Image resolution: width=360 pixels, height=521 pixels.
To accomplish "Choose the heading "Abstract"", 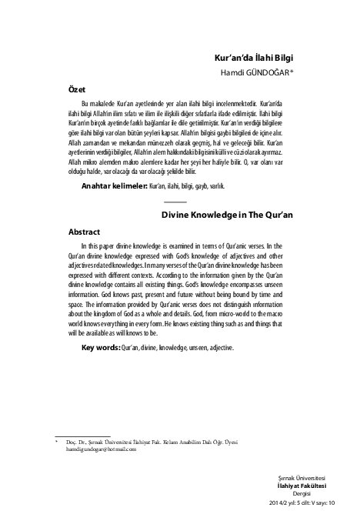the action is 85,231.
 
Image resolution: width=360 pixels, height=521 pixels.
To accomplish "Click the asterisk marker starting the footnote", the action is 46,443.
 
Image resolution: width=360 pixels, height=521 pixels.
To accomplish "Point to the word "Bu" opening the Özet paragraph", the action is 85,102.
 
